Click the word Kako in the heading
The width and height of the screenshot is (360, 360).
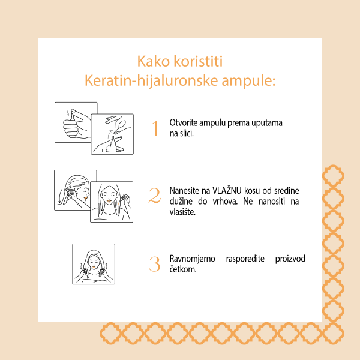153,62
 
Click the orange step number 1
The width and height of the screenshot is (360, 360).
155,128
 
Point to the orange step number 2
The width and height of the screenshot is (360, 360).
155,196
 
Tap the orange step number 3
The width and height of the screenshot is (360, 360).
155,263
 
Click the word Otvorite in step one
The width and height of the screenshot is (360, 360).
182,122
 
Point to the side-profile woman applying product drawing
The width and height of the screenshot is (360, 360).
75,189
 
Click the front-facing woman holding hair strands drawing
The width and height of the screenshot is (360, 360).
111,202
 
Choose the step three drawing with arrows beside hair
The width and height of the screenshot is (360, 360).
93,263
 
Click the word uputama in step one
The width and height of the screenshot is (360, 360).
268,122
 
